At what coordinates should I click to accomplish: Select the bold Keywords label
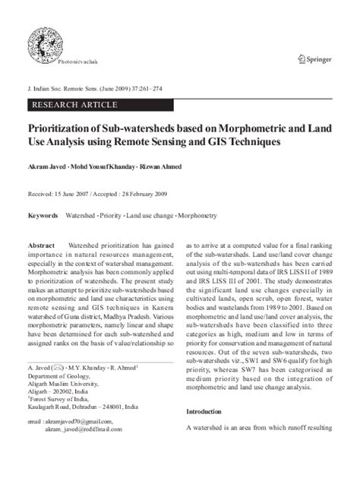43,216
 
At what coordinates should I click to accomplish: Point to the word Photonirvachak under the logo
77,60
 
